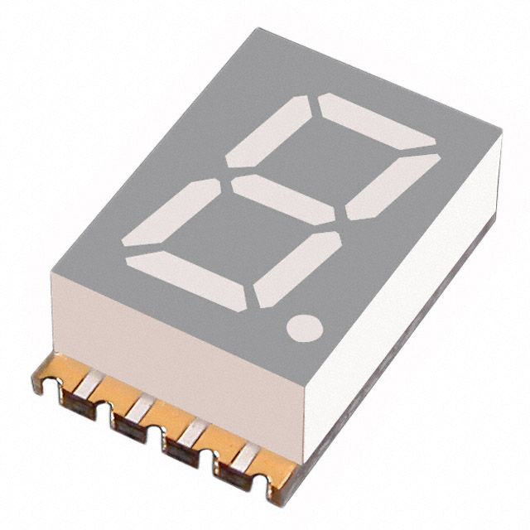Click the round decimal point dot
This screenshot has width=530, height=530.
[x=304, y=326]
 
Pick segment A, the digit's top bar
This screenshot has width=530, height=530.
[x=378, y=120]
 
